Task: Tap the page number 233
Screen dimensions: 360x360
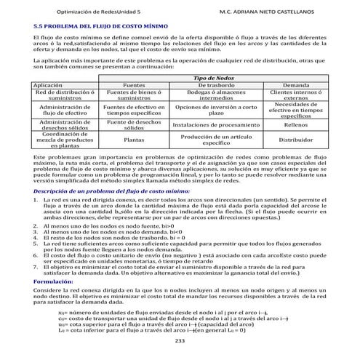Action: (x=180, y=341)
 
